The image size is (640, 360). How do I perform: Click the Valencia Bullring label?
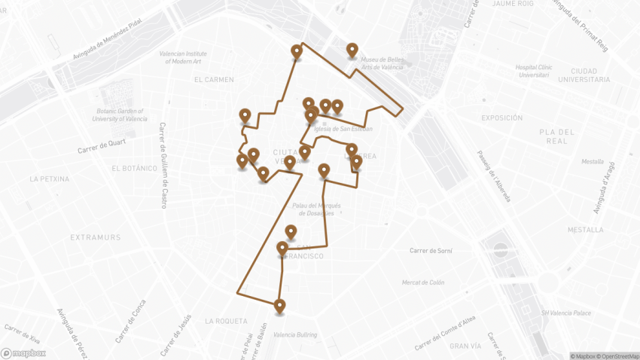295,335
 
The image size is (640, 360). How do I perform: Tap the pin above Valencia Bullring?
280,306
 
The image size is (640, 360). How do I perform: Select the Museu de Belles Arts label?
382,63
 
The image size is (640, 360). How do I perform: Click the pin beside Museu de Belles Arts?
352,50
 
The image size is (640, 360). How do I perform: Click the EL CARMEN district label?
214,79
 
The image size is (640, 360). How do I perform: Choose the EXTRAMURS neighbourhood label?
96,237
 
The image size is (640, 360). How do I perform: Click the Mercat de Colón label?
423,282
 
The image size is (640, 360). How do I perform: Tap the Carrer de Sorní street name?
429,250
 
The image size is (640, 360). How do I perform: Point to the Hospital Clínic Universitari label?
534,71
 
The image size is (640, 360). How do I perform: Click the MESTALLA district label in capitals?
586,230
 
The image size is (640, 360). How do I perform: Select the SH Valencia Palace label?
565,313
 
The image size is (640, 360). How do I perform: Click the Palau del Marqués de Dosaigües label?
316,209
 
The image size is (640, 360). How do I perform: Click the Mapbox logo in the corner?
23,352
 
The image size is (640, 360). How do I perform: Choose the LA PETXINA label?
50,179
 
